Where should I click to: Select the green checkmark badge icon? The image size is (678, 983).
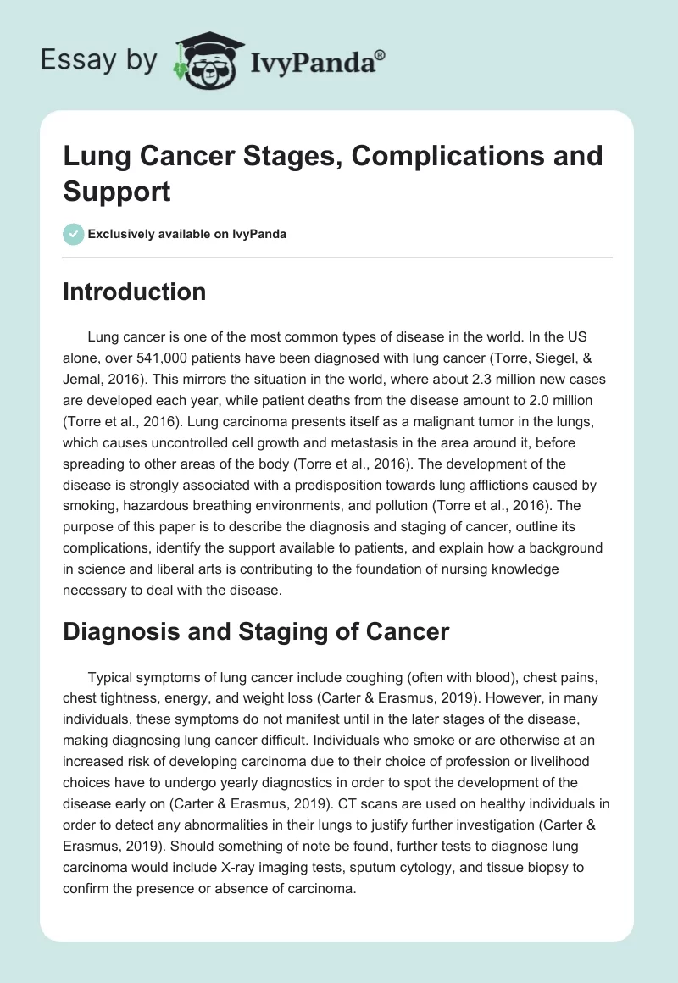[x=75, y=234]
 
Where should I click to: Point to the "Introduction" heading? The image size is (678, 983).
[x=135, y=292]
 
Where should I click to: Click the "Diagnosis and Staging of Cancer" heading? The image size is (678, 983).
[x=256, y=630]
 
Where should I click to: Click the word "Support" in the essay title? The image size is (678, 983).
[x=117, y=191]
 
